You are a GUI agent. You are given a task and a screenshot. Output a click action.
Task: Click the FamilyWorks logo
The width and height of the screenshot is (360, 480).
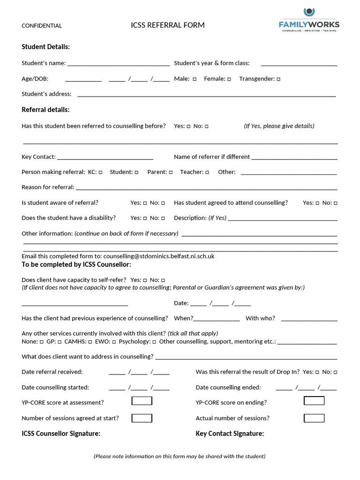tap(309, 20)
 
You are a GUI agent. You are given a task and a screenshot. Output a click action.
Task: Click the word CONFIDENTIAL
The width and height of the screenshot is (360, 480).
tap(42, 26)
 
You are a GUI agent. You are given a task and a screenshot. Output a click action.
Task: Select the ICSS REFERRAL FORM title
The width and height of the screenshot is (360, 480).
tap(168, 25)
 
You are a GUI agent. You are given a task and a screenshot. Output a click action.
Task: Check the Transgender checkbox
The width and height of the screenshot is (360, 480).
tap(278, 79)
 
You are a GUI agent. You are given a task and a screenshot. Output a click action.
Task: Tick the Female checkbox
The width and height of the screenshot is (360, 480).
tap(229, 79)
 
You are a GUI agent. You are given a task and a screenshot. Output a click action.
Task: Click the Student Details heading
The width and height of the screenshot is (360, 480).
tap(46, 47)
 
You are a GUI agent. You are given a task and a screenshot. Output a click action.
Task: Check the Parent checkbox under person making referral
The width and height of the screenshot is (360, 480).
tap(171, 172)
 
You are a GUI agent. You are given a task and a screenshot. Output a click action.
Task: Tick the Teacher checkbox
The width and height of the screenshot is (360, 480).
tap(207, 172)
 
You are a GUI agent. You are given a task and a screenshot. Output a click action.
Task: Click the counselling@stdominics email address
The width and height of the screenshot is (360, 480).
tap(159, 256)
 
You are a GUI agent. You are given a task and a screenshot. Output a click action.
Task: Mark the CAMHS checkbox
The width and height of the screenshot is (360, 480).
tap(90, 342)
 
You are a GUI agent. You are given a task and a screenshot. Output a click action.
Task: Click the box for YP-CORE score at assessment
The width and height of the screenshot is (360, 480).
tap(142, 401)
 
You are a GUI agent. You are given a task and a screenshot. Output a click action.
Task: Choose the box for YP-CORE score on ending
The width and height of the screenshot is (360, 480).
tap(314, 401)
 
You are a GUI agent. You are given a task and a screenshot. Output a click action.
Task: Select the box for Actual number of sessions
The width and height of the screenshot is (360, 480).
tap(314, 418)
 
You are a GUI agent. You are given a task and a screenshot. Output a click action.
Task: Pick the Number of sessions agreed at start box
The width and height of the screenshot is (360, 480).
tap(142, 418)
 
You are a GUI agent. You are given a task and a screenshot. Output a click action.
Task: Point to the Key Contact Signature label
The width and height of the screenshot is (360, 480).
tap(230, 434)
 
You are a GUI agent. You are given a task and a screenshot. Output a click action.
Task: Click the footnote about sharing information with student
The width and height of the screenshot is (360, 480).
tap(180, 456)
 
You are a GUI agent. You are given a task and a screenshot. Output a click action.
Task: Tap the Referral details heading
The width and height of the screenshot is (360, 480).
tap(45, 110)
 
